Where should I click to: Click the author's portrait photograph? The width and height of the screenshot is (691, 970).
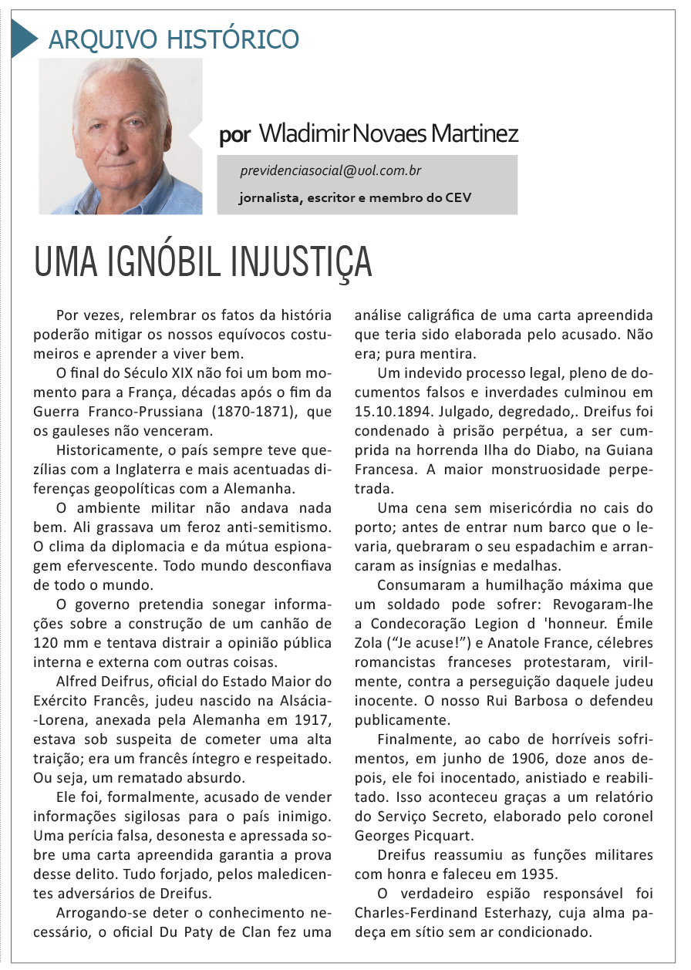pyautogui.click(x=120, y=136)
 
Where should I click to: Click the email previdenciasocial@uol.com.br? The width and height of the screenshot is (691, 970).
pyautogui.click(x=330, y=170)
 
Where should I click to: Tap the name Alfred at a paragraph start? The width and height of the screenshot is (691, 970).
pyautogui.click(x=79, y=681)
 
